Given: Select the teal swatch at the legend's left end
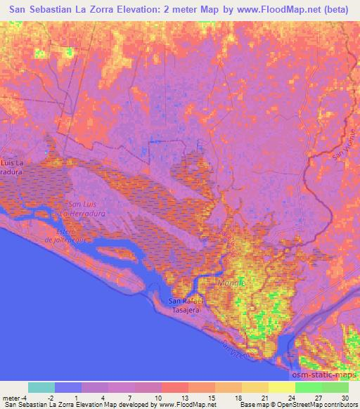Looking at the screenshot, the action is pyautogui.click(x=41, y=387).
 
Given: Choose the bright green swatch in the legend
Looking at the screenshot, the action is pyautogui.click(x=309, y=387).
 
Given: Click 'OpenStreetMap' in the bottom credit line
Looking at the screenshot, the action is pyautogui.click(x=303, y=405).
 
